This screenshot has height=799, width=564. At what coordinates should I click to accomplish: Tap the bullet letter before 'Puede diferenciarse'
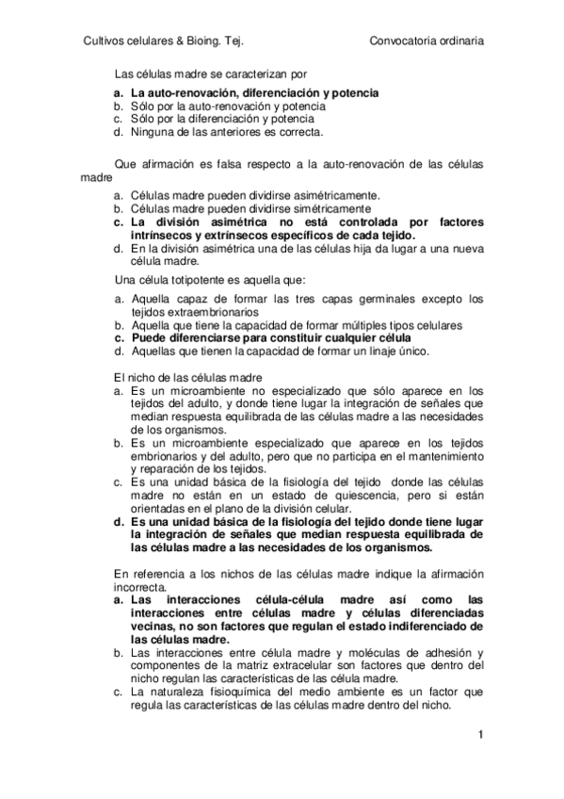click(119, 338)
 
